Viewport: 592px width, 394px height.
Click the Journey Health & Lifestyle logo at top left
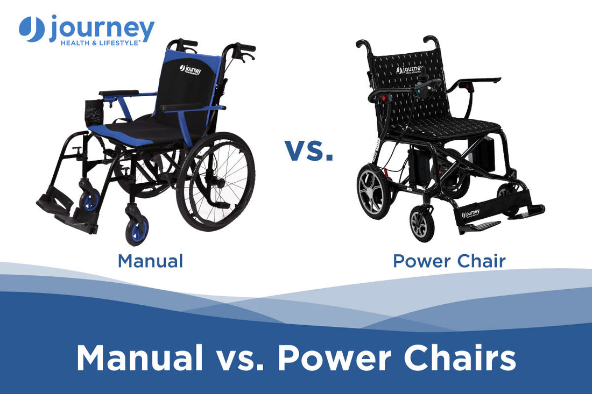tap(86, 30)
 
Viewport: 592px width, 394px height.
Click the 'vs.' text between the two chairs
tap(309, 150)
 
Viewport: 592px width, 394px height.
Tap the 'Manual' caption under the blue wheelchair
tap(150, 261)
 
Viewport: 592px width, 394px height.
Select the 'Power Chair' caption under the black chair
tap(449, 261)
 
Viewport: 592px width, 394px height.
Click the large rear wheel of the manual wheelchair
tap(215, 180)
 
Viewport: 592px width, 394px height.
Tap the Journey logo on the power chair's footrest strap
tap(470, 214)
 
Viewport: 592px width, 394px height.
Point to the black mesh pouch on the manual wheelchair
tap(95, 113)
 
